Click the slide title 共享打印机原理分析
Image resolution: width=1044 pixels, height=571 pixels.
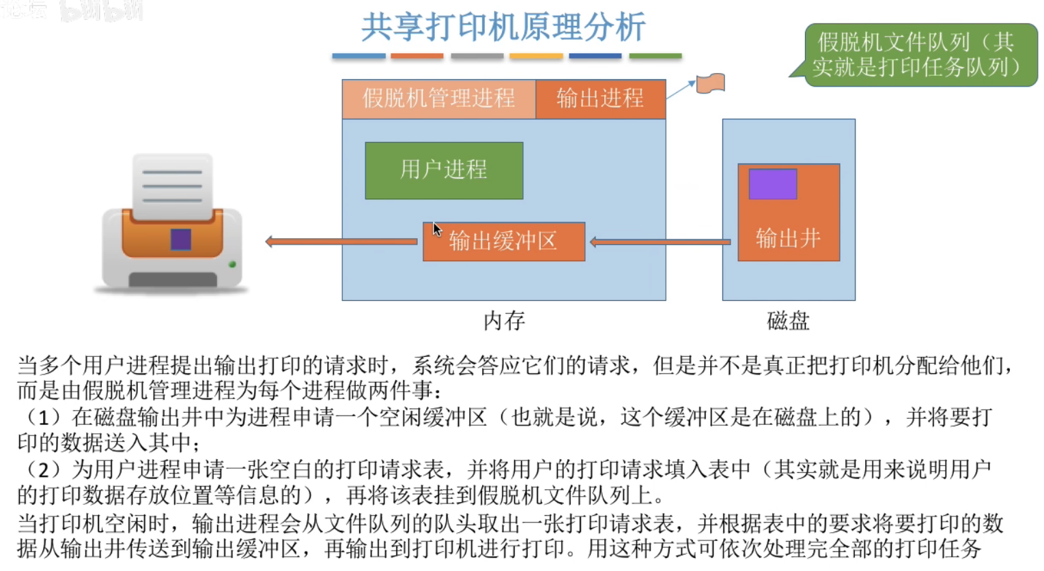coord(503,27)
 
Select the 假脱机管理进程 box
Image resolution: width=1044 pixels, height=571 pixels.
coord(438,99)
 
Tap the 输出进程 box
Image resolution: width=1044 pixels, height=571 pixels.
coord(600,99)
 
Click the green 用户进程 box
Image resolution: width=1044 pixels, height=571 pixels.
coord(444,171)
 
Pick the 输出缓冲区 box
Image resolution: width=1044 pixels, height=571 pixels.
coord(504,241)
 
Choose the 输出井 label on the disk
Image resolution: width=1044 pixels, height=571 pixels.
coord(788,238)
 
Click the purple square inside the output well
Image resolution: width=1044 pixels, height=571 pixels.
coord(773,184)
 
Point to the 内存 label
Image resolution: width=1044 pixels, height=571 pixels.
coord(504,321)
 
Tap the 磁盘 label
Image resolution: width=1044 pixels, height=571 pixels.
coord(788,321)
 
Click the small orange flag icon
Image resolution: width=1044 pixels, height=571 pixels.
coord(710,83)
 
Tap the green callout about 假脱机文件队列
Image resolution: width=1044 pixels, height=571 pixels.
coord(919,55)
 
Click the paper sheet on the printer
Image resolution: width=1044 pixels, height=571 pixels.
coord(172,186)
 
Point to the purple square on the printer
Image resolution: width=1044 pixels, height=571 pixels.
coord(180,239)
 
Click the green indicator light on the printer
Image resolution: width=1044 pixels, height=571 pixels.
coord(232,264)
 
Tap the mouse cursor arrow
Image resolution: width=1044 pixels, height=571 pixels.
coord(437,229)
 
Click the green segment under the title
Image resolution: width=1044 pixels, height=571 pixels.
coord(655,56)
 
